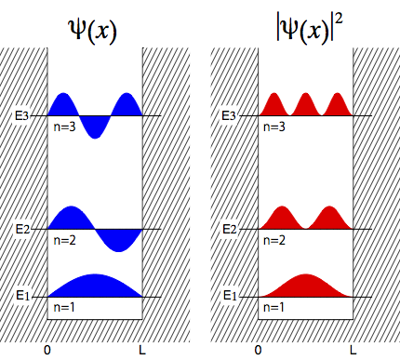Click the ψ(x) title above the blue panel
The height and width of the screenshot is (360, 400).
click(92, 32)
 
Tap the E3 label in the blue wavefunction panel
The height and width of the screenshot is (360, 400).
click(21, 116)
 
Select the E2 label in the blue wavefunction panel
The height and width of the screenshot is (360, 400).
click(22, 230)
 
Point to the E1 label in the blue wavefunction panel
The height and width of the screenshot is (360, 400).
click(22, 296)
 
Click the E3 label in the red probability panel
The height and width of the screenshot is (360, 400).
click(229, 116)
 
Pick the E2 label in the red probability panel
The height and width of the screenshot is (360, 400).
click(230, 230)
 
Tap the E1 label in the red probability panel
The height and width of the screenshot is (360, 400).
click(230, 296)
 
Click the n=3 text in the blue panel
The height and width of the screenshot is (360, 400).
click(64, 127)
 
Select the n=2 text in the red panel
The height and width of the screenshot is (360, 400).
click(274, 241)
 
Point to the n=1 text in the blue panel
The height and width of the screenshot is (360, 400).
click(64, 307)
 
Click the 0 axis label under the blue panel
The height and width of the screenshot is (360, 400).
click(47, 351)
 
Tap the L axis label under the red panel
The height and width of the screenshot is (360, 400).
click(353, 351)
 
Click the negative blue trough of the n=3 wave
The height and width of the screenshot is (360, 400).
click(95, 127)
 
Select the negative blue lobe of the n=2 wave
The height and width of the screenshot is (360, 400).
click(118, 239)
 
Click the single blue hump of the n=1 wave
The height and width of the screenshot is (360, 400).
click(95, 287)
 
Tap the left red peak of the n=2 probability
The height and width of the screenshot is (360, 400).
click(282, 220)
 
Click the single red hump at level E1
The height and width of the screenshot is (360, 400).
click(306, 287)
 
